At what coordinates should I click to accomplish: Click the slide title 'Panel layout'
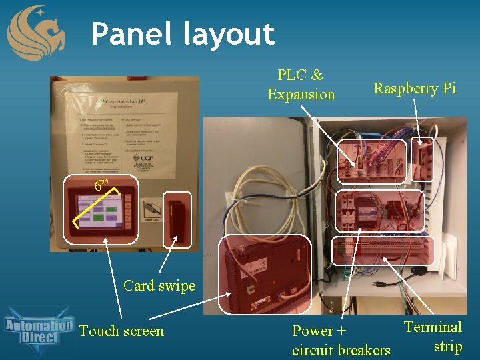(x=183, y=34)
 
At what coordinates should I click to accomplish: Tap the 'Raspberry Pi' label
(x=415, y=88)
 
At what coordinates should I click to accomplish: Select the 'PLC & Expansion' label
(x=301, y=85)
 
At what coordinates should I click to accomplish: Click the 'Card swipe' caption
(x=159, y=285)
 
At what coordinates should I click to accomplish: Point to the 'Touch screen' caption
(x=121, y=331)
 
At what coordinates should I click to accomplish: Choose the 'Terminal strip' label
(x=433, y=336)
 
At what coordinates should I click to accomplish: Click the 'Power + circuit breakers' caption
(x=341, y=340)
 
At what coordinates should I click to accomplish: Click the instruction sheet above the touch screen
(x=125, y=127)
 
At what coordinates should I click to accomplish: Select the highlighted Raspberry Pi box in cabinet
(x=422, y=160)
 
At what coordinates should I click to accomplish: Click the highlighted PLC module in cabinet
(x=371, y=161)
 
